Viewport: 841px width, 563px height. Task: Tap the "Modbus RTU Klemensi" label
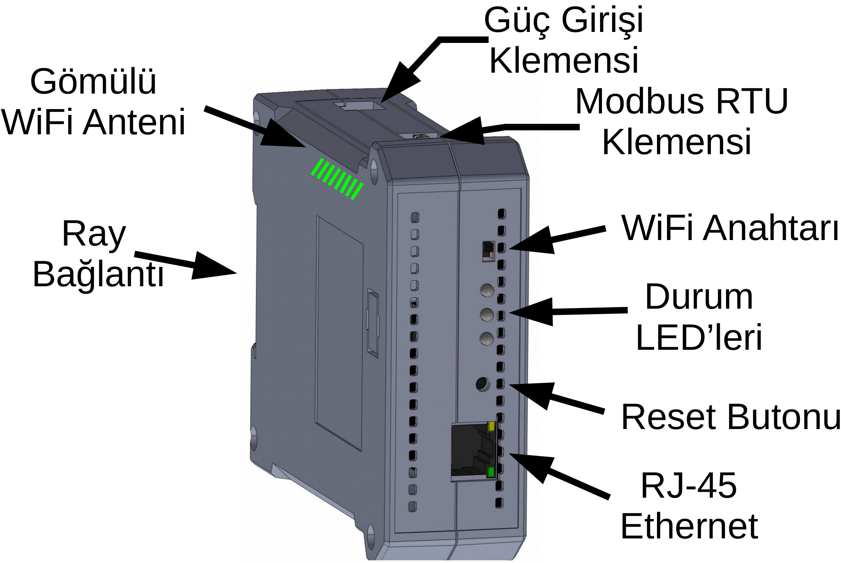(x=681, y=121)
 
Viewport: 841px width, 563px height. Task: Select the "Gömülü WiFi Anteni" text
(x=94, y=101)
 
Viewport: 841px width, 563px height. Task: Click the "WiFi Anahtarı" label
(x=729, y=228)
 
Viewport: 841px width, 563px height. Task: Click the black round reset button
(x=482, y=384)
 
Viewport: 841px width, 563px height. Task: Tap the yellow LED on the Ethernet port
(x=491, y=426)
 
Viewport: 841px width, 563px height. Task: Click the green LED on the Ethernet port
(x=491, y=472)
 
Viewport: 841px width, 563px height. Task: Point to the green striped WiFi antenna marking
(x=337, y=179)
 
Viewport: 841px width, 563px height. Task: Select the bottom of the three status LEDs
(x=487, y=338)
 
